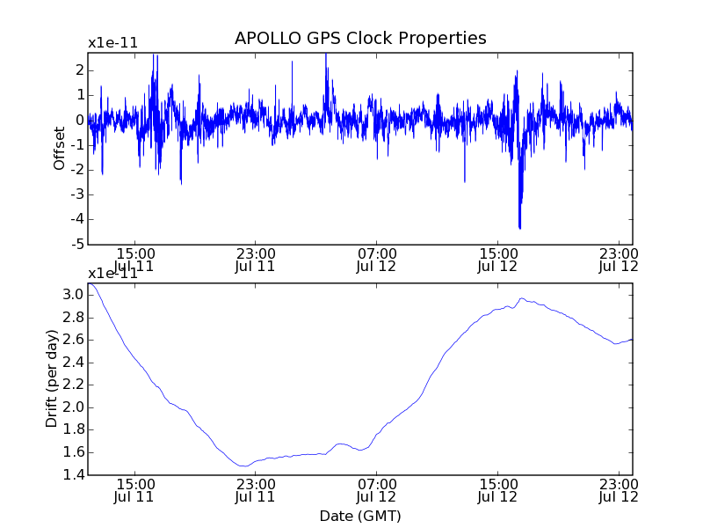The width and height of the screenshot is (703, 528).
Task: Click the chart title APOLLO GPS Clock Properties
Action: [360, 39]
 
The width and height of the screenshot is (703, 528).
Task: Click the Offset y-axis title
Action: [59, 148]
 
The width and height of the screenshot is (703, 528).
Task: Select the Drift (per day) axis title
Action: [52, 378]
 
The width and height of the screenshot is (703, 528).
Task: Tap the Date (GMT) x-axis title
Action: [360, 516]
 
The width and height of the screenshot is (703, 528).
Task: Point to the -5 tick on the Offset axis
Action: [79, 244]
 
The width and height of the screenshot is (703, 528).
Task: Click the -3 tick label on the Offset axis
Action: [79, 194]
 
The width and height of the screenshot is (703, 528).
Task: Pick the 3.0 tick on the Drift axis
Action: [74, 295]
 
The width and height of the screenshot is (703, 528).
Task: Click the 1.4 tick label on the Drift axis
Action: [74, 475]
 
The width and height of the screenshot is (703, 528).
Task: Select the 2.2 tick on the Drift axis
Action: [74, 385]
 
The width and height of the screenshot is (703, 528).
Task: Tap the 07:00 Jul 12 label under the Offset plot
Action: [377, 260]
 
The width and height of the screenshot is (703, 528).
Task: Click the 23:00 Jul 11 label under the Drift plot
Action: [255, 490]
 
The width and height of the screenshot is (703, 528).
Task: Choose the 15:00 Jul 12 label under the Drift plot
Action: [498, 490]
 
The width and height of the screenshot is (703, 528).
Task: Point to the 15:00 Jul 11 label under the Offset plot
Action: [134, 260]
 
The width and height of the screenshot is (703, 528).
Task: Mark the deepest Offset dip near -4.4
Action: [520, 228]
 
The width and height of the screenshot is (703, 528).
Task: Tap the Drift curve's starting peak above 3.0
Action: [91, 283]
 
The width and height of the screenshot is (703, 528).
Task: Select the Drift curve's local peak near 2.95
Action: [522, 298]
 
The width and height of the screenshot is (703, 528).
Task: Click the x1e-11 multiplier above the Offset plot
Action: [112, 43]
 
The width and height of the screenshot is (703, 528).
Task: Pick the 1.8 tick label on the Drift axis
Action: [74, 430]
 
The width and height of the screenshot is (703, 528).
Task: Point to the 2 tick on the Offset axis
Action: [79, 70]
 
